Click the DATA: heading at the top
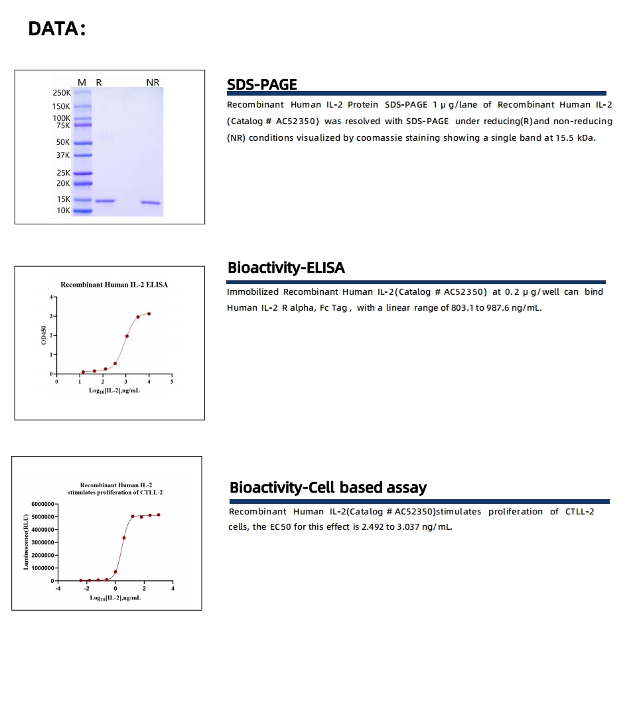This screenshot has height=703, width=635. click(57, 29)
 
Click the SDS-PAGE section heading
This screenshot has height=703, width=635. click(261, 84)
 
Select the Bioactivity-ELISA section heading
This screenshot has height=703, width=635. click(286, 268)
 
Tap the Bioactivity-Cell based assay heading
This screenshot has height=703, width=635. click(328, 487)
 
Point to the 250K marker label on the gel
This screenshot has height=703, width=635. click(62, 93)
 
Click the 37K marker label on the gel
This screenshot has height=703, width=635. click(62, 155)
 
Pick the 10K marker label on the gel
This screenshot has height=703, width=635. click(62, 210)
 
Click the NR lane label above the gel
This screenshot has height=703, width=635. click(153, 82)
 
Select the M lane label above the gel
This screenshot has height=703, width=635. click(82, 82)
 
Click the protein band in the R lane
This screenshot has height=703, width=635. click(106, 200)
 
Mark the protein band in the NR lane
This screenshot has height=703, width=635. click(151, 202)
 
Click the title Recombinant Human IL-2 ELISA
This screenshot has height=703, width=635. click(114, 285)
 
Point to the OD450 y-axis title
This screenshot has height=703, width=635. click(44, 336)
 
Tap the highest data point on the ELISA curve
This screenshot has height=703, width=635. click(149, 313)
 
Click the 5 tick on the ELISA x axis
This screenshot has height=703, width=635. click(172, 382)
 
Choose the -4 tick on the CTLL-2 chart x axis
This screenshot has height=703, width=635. click(58, 589)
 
